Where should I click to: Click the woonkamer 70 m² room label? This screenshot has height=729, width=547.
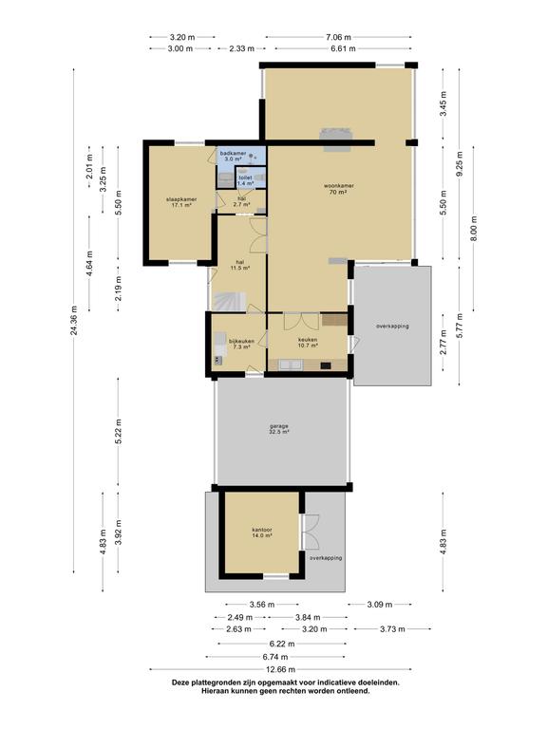pyautogui.click(x=339, y=189)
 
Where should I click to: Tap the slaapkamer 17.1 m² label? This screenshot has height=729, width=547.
pyautogui.click(x=181, y=202)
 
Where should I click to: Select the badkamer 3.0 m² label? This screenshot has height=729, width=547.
pyautogui.click(x=233, y=156)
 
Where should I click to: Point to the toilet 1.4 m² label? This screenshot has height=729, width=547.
pyautogui.click(x=245, y=180)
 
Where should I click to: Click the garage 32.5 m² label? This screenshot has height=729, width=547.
pyautogui.click(x=278, y=429)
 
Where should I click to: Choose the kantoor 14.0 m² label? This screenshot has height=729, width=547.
pyautogui.click(x=262, y=533)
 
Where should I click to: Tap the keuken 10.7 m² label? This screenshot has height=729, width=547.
pyautogui.click(x=308, y=342)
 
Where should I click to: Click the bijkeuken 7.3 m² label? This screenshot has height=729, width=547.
pyautogui.click(x=241, y=344)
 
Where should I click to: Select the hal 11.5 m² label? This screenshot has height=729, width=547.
pyautogui.click(x=240, y=265)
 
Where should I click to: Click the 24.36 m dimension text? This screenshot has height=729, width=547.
pyautogui.click(x=74, y=320)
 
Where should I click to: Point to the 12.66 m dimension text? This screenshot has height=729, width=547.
pyautogui.click(x=280, y=669)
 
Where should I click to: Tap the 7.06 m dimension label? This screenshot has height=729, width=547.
pyautogui.click(x=338, y=37)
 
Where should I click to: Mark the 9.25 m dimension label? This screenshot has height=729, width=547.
pyautogui.click(x=460, y=164)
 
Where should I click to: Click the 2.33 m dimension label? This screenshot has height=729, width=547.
pyautogui.click(x=241, y=48)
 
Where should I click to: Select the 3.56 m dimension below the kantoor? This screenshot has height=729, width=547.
pyautogui.click(x=262, y=605)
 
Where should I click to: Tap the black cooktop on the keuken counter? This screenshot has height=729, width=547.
pyautogui.click(x=326, y=365)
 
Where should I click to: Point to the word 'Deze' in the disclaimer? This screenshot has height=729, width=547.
pyautogui.click(x=180, y=682)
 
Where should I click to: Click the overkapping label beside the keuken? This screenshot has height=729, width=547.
pyautogui.click(x=392, y=326)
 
